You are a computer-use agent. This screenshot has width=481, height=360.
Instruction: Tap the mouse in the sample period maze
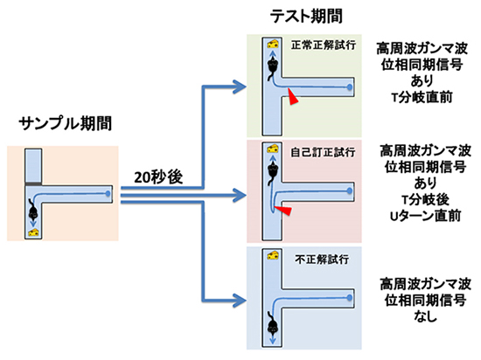pyautogui.click(x=33, y=211)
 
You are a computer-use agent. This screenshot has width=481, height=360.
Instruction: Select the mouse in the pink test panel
pyautogui.click(x=273, y=171)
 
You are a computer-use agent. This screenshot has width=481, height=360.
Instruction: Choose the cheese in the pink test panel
pyautogui.click(x=274, y=150)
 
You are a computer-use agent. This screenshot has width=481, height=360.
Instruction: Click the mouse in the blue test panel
pyautogui.click(x=273, y=328)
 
